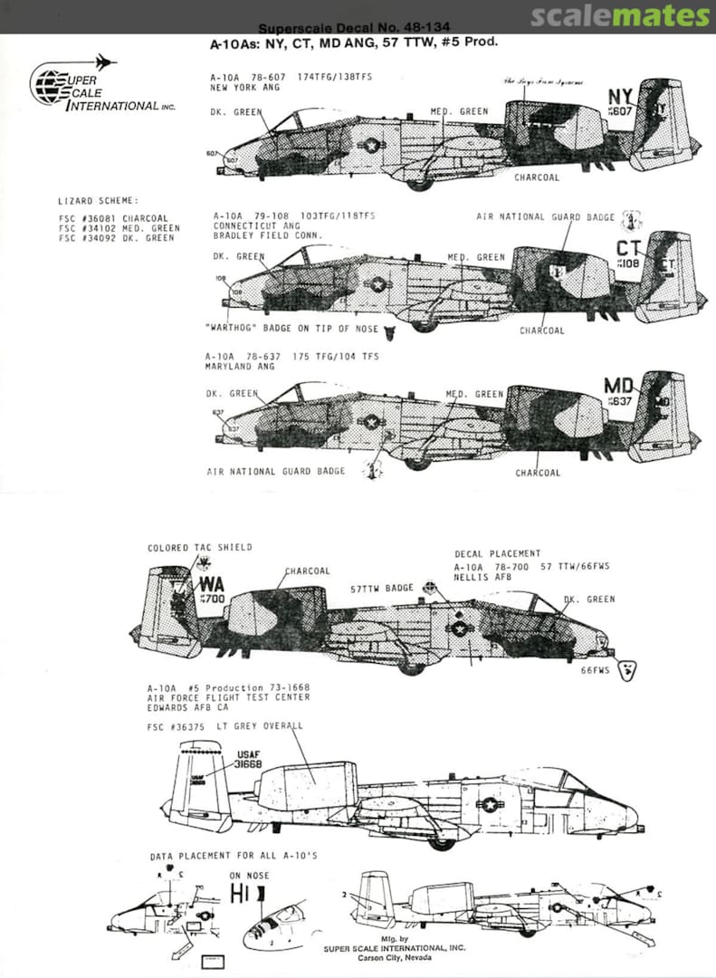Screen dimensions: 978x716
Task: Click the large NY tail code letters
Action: click(620, 97)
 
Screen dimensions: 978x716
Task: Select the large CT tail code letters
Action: click(629, 248)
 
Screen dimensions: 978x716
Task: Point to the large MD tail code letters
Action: click(618, 386)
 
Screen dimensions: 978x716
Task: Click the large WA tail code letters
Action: click(211, 584)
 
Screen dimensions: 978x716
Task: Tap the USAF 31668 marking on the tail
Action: click(248, 759)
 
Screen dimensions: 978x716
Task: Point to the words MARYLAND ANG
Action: click(237, 367)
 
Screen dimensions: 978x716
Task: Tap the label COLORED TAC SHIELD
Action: click(199, 548)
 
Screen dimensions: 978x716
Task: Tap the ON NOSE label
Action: click(248, 876)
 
